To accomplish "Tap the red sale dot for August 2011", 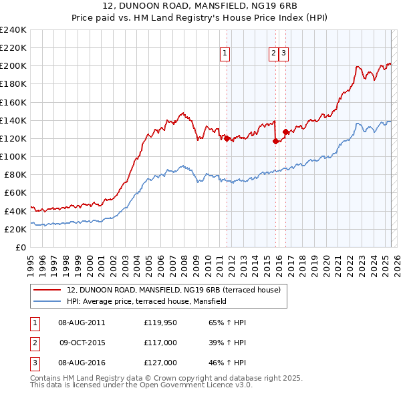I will point(227,138).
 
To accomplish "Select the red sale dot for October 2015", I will point(275,141).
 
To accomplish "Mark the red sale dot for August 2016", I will point(285,132).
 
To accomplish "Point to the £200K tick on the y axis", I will point(13,66).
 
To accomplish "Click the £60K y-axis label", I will point(15,192).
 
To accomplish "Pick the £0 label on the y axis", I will point(21,247).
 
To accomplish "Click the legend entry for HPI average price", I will point(146,301).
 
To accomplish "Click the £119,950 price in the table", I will point(160,323).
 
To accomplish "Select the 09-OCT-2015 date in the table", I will point(82,343).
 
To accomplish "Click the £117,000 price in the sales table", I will point(160,343).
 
